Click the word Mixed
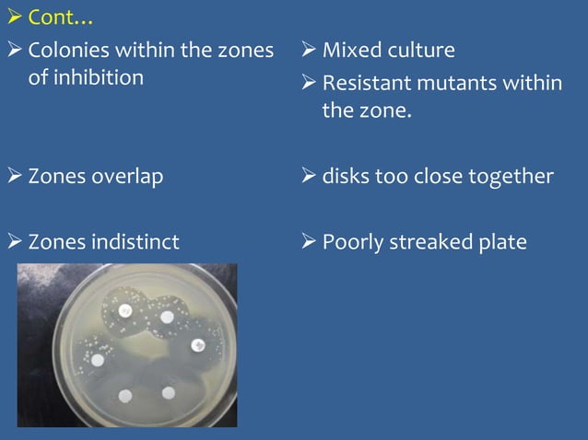[x=352, y=50]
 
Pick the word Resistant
[x=366, y=84]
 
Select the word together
[x=512, y=176]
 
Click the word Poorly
[x=354, y=242]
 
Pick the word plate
[x=503, y=242]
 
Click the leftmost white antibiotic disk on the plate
[x=97, y=359]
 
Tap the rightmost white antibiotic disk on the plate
[x=195, y=345]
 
